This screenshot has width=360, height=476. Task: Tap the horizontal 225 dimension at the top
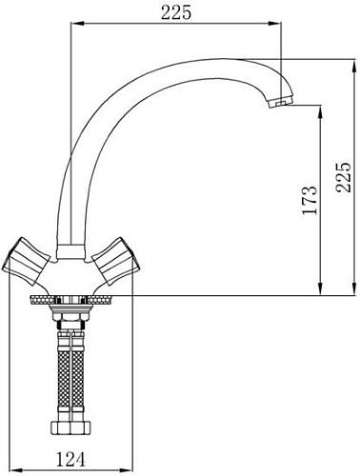(178, 12)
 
